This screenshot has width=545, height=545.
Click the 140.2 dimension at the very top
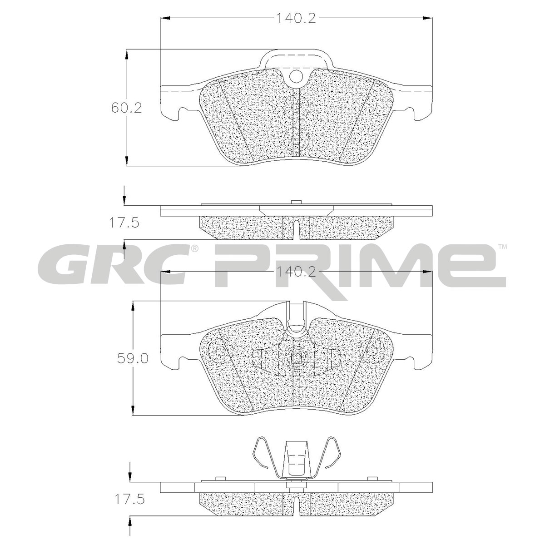tap(296, 19)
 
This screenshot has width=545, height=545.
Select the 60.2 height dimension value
tap(126, 108)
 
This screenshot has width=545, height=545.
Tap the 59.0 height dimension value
tap(133, 359)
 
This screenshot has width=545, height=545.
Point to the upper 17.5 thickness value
tap(124, 223)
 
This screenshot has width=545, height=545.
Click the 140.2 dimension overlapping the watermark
tap(296, 272)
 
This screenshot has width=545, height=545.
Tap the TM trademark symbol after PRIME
tap(503, 247)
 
